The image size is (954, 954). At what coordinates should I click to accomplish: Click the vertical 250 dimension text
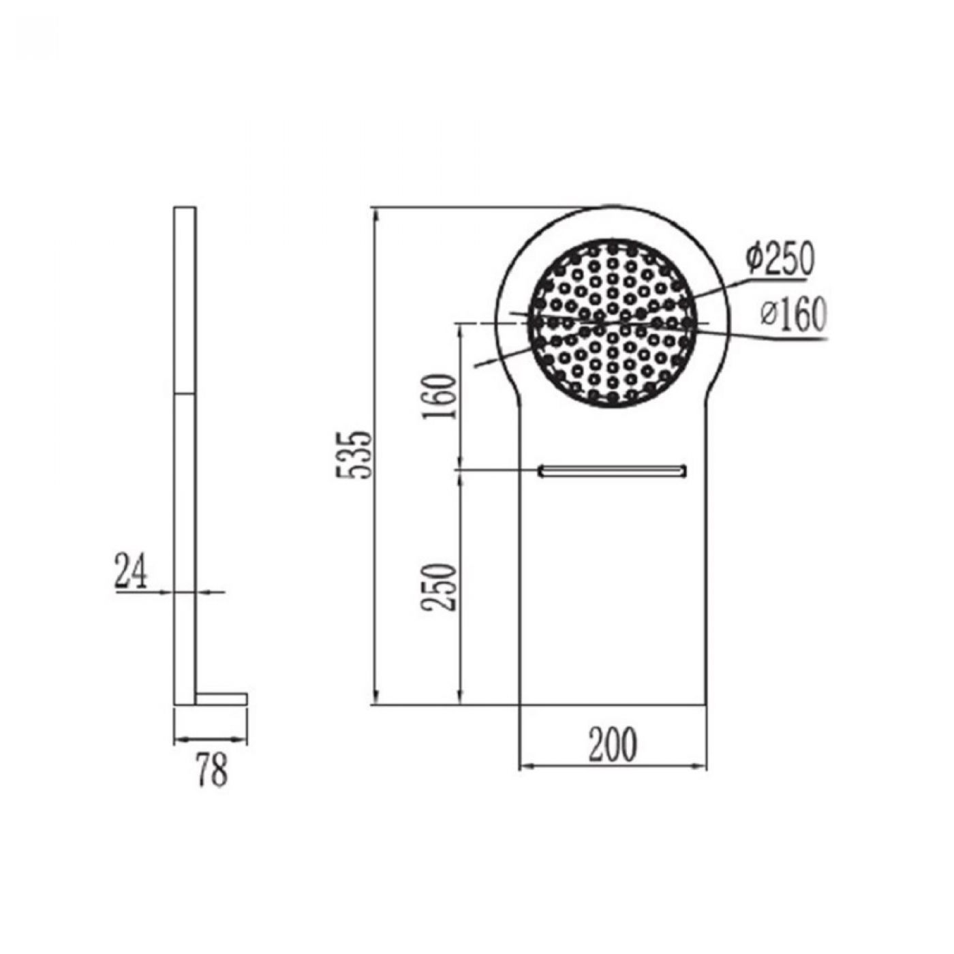point(437,587)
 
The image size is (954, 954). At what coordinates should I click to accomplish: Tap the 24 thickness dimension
point(132,572)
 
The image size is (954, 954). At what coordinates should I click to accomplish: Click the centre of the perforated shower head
point(613,324)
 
